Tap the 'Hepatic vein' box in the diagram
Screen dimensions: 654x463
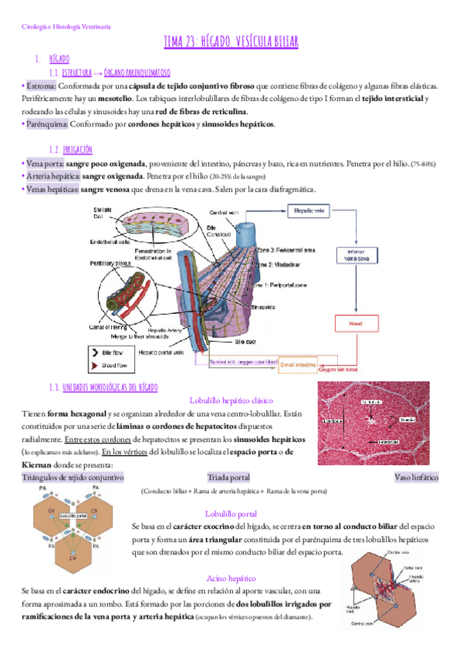tap(310, 209)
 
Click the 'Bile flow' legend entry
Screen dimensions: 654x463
tap(113, 349)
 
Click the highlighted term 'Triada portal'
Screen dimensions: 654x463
tap(228, 477)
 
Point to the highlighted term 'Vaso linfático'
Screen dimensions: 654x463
tap(415, 477)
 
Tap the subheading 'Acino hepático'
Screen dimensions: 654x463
tap(231, 578)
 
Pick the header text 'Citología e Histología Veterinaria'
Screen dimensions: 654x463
tap(66, 26)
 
